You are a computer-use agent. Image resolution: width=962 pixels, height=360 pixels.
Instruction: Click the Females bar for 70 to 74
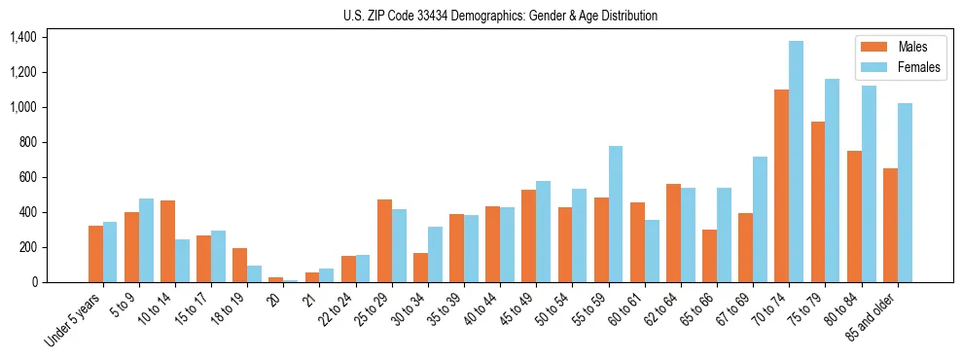click(x=796, y=162)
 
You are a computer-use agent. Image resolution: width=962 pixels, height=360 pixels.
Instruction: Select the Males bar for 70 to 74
click(x=781, y=186)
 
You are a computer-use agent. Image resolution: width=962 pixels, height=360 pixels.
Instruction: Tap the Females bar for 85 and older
click(x=905, y=193)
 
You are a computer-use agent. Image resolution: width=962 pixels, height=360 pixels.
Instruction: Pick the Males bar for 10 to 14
click(x=167, y=241)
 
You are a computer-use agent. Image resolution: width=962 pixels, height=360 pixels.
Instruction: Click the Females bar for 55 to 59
click(x=616, y=214)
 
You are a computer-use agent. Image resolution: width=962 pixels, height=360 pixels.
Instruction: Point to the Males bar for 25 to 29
click(x=384, y=240)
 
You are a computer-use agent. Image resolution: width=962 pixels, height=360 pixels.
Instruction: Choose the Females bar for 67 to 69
click(x=760, y=219)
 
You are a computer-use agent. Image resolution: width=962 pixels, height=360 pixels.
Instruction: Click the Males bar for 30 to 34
click(x=420, y=268)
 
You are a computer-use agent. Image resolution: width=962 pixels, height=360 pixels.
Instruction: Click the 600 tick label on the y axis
click(x=27, y=177)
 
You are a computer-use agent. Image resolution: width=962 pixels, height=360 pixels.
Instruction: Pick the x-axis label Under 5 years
click(x=74, y=321)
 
